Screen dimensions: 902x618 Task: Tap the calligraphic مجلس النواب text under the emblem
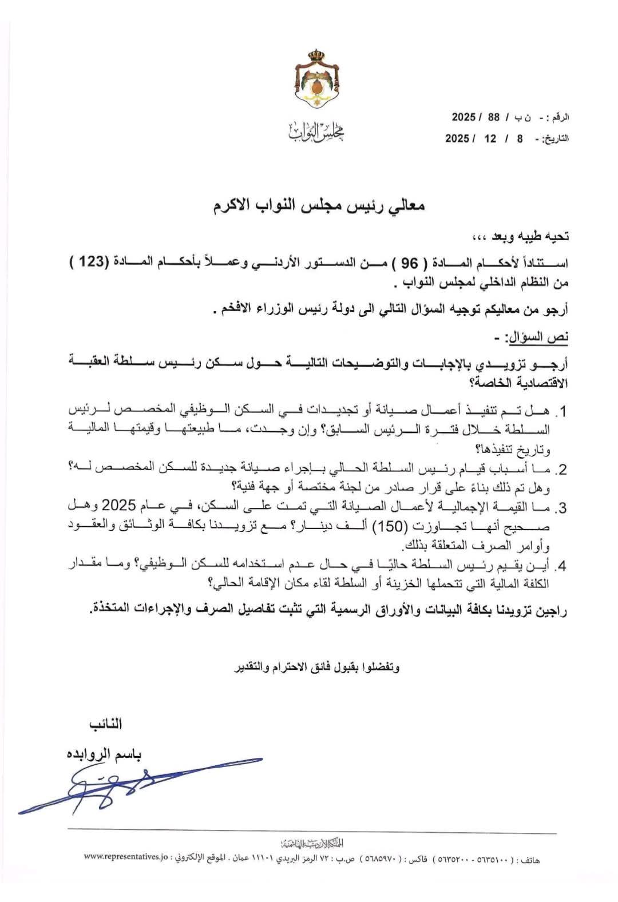[316, 132]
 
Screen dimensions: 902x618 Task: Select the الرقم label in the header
[557, 118]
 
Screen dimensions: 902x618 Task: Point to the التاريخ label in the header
[553, 139]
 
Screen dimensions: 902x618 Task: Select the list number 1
[563, 412]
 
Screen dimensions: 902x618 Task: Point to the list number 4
[563, 567]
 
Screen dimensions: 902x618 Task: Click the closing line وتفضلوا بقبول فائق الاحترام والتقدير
[318, 667]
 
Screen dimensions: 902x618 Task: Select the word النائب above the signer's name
[105, 724]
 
